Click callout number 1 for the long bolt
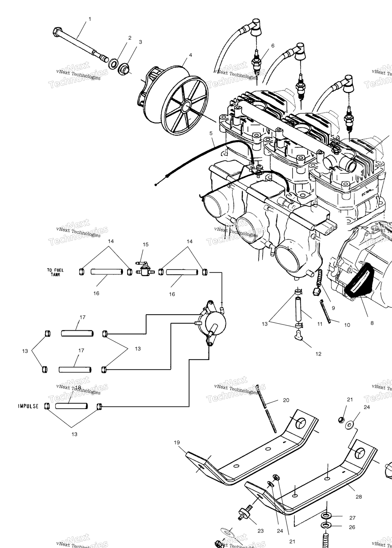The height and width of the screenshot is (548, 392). (x=90, y=19)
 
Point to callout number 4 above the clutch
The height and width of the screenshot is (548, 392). (x=190, y=55)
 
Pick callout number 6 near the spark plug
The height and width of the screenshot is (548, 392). (x=273, y=46)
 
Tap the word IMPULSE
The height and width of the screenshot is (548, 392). (x=28, y=406)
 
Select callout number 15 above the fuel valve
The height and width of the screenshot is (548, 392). (x=145, y=244)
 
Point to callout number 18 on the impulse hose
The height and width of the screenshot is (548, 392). (x=78, y=387)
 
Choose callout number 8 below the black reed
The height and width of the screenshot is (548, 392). (x=372, y=323)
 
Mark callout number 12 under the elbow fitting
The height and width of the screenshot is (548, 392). (x=318, y=354)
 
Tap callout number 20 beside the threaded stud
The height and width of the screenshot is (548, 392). (x=286, y=400)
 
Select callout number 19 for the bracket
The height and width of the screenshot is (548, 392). (x=177, y=442)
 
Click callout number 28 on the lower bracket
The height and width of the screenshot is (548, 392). (x=359, y=497)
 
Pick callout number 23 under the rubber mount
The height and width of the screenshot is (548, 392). (x=261, y=531)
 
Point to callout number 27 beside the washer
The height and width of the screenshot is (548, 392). (x=352, y=518)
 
